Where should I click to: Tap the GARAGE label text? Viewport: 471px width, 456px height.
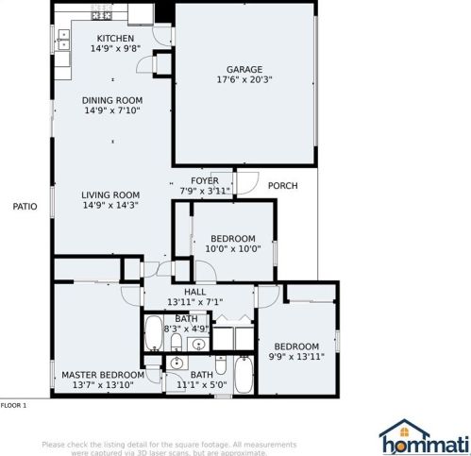(244, 69)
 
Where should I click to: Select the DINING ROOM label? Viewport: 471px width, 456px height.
(111, 100)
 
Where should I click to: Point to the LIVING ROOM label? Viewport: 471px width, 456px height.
(111, 195)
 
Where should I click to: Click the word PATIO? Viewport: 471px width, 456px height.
(25, 206)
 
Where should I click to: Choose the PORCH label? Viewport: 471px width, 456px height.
(282, 186)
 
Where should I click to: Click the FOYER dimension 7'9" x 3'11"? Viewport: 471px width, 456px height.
(205, 191)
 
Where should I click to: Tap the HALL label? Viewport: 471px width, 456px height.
(194, 293)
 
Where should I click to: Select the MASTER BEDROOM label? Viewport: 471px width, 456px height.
(96, 375)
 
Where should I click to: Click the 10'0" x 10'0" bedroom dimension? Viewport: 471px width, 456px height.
(231, 248)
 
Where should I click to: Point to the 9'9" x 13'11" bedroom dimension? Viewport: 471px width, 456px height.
(296, 357)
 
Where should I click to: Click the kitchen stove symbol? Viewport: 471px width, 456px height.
(101, 14)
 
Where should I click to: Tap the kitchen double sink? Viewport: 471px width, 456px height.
(63, 39)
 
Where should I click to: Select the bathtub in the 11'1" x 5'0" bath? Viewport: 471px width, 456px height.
(243, 375)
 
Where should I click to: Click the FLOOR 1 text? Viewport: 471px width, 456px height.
(13, 405)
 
